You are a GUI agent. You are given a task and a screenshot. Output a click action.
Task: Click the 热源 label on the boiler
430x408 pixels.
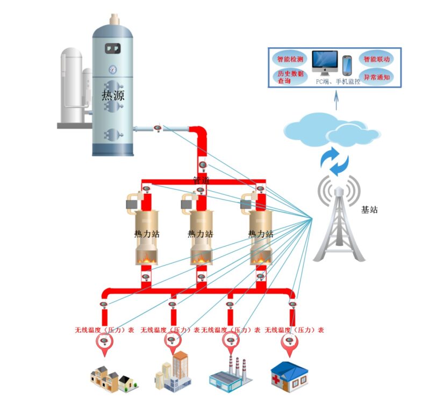coord(113,96)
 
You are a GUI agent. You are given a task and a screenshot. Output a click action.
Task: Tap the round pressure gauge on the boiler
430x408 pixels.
coord(112,70)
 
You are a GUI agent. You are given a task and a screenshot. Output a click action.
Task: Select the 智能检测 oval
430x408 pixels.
coord(290,59)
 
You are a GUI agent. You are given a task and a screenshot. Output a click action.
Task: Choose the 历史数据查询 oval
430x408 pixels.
coord(290,77)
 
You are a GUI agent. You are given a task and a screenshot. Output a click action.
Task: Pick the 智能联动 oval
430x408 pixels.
coord(376,59)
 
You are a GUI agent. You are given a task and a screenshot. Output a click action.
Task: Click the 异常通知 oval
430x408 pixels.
coord(377,77)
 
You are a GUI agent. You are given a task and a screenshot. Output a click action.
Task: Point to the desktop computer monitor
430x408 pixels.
coord(325,63)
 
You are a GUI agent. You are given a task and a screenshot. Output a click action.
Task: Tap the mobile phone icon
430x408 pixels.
coord(347,65)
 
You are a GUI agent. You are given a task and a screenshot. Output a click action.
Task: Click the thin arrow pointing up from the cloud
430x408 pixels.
coord(336,101)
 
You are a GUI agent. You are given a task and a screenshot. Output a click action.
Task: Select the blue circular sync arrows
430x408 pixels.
coord(334,161)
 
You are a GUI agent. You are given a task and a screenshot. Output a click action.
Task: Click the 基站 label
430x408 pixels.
coord(369,210)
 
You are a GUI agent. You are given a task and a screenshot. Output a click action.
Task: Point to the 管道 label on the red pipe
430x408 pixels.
coord(202,180)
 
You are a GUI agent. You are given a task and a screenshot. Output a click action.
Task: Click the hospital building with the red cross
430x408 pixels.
coord(290,377)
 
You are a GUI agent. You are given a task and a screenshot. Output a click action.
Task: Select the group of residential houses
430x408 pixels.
coord(114,379)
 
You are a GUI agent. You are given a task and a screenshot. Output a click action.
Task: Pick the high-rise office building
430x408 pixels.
coord(173,371)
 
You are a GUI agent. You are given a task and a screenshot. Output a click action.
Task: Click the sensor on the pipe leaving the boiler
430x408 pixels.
coord(157,128)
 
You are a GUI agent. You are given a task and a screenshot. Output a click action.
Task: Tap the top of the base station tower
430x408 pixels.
coord(339,188)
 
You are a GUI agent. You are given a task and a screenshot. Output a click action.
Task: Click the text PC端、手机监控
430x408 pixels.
coord(338,81)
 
